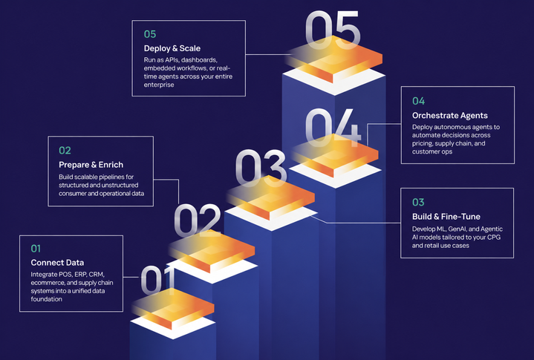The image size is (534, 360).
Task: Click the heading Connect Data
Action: point(57,262)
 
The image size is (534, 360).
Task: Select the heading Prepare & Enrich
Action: point(91,165)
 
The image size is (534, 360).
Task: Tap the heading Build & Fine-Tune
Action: point(446,217)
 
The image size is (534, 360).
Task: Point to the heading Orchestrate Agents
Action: point(450,116)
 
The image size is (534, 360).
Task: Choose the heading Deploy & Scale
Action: point(172,48)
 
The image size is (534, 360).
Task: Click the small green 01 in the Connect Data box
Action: point(36,249)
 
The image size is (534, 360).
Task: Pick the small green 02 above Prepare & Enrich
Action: point(65,151)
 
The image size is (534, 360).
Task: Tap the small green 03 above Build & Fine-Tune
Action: point(418,203)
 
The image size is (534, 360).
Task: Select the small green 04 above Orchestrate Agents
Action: point(419,101)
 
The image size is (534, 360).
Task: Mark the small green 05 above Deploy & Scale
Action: point(150,34)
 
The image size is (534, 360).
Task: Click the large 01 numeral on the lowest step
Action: point(157,281)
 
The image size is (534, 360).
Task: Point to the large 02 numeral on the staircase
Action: point(198,220)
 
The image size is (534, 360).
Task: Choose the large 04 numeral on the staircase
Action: point(333,128)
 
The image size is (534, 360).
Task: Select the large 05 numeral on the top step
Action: point(333,30)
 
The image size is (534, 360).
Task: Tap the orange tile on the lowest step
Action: point(173,308)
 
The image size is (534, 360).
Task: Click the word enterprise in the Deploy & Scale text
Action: point(159,85)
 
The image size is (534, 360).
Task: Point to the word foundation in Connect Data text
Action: point(46,299)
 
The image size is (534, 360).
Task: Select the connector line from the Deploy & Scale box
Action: point(268,54)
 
